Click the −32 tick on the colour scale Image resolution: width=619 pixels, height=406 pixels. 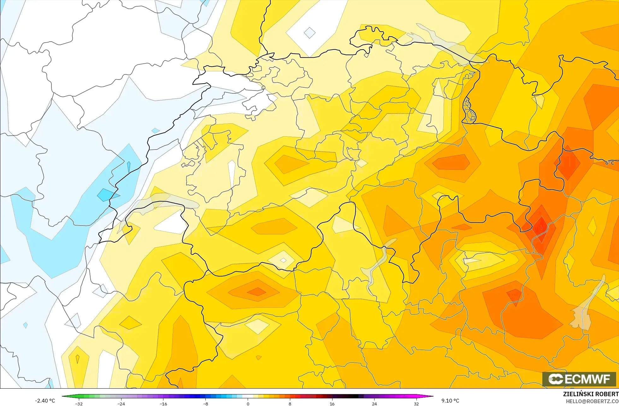click(79, 403)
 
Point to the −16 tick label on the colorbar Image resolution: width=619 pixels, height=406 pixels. click(163, 403)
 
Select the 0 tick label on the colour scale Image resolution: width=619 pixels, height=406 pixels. click(248, 403)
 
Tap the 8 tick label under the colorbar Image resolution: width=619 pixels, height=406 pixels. click(290, 403)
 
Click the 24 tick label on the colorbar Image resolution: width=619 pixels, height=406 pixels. click(374, 403)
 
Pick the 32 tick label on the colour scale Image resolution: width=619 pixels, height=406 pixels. click(416, 403)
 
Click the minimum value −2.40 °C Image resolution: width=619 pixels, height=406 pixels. click(45, 401)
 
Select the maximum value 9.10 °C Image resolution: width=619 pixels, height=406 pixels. click(450, 401)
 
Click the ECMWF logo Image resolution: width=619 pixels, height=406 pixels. click(579, 379)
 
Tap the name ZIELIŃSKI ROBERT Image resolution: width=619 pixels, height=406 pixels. click(591, 394)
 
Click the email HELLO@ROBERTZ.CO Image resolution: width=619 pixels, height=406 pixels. click(592, 401)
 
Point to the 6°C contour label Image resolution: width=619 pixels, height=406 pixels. click(610, 163)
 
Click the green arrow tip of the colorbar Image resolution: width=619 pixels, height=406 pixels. click(63, 396)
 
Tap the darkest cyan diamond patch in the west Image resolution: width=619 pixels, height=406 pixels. click(105, 195)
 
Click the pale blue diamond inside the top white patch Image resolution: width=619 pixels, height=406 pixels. click(309, 32)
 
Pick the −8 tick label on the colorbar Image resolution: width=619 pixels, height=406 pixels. click(206, 403)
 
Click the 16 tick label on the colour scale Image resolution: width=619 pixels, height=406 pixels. click(332, 403)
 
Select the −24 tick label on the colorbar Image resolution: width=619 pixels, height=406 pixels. click(121, 403)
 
